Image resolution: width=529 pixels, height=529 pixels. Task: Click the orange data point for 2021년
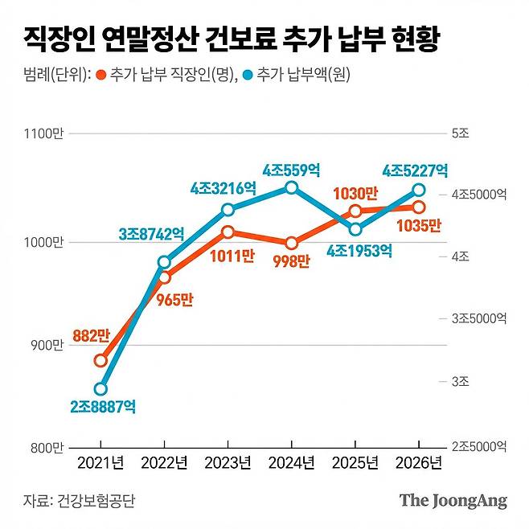pyautogui.click(x=100, y=360)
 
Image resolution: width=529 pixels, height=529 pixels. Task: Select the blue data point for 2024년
pyautogui.click(x=292, y=187)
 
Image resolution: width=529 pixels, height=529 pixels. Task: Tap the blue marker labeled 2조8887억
pyautogui.click(x=100, y=389)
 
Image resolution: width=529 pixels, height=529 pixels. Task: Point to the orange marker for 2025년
pyautogui.click(x=355, y=211)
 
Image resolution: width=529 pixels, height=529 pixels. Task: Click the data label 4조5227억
pyautogui.click(x=415, y=170)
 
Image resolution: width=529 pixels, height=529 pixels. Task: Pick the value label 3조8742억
pyautogui.click(x=151, y=234)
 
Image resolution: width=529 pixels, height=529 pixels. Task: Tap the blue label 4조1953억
pyautogui.click(x=359, y=250)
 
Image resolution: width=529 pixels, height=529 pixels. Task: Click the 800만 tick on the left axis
pyautogui.click(x=47, y=447)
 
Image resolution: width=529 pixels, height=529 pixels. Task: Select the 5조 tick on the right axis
pyautogui.click(x=460, y=133)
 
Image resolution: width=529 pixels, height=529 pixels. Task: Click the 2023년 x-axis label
pyautogui.click(x=228, y=464)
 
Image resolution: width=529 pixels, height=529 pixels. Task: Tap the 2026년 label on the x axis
pyautogui.click(x=419, y=464)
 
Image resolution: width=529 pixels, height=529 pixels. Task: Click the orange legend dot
pyautogui.click(x=101, y=75)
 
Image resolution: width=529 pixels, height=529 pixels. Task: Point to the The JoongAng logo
pyautogui.click(x=453, y=501)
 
